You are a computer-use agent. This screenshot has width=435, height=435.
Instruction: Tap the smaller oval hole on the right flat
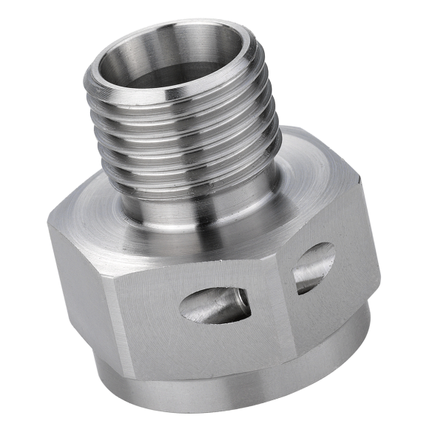pyautogui.click(x=314, y=268)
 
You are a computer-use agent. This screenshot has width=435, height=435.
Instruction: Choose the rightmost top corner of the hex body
pyautogui.click(x=360, y=178)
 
